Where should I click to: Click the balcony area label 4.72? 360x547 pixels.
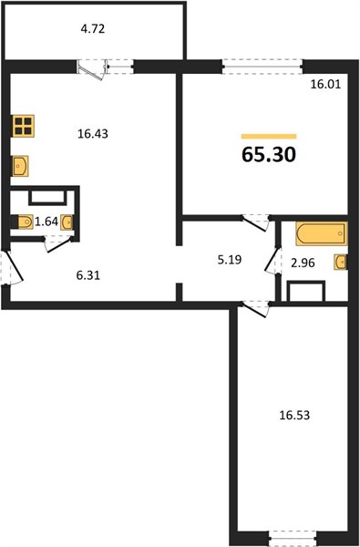(93, 29)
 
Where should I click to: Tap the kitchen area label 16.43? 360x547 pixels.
(93, 134)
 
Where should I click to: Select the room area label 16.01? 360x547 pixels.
(325, 85)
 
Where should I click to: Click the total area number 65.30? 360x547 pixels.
(269, 154)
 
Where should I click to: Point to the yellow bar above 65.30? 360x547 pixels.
(269, 137)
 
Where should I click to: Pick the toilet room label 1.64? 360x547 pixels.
(46, 222)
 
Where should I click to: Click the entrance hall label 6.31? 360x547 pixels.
(88, 275)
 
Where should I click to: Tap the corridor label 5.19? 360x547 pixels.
(230, 260)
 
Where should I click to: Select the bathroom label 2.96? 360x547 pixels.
(303, 263)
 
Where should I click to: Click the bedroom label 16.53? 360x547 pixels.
(294, 416)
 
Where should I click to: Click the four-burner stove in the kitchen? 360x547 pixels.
(24, 126)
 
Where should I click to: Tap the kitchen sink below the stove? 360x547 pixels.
(20, 166)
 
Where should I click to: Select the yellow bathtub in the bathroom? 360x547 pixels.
(322, 233)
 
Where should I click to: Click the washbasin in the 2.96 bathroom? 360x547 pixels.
(341, 262)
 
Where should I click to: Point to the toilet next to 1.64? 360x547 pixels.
(24, 222)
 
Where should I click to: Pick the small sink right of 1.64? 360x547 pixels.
(67, 222)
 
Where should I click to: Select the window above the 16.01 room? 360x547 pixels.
(262, 67)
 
